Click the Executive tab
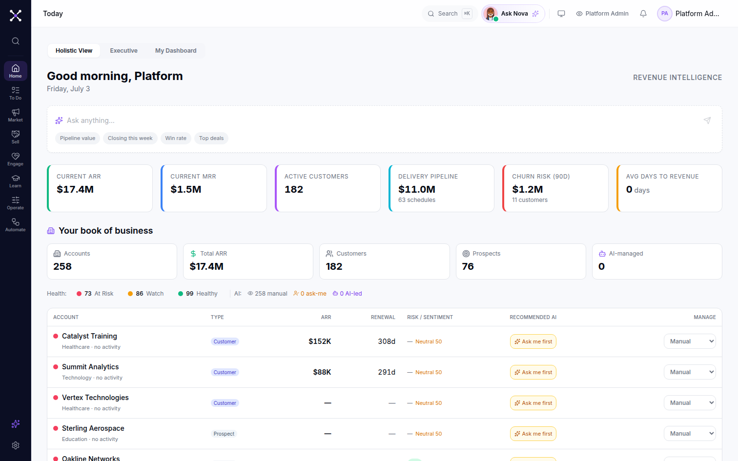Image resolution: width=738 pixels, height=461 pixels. [123, 50]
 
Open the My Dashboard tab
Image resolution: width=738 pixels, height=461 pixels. [176, 50]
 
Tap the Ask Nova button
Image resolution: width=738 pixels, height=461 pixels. [513, 14]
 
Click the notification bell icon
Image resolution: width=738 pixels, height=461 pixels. [643, 14]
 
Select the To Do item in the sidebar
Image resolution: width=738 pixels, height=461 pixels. [16, 93]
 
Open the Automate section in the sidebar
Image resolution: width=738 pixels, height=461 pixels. [16, 225]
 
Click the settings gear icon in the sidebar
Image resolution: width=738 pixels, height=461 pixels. [16, 445]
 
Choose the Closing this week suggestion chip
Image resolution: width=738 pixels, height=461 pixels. [130, 138]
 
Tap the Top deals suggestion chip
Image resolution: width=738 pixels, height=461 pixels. [211, 138]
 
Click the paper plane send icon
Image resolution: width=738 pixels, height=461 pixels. [707, 120]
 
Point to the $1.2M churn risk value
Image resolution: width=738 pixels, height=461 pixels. [527, 189]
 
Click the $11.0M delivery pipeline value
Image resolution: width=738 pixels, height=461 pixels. [416, 189]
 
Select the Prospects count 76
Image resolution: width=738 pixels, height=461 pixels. [468, 266]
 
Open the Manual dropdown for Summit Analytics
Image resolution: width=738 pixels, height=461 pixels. [690, 372]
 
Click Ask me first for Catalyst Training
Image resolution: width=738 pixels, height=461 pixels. [533, 341]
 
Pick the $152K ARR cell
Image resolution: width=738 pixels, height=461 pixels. [320, 341]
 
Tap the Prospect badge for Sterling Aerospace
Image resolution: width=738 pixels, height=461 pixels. [224, 434]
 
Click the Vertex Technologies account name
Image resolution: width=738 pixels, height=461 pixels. [95, 398]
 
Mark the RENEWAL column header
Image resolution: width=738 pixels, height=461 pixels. [383, 317]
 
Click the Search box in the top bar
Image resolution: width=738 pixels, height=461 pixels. [450, 14]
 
